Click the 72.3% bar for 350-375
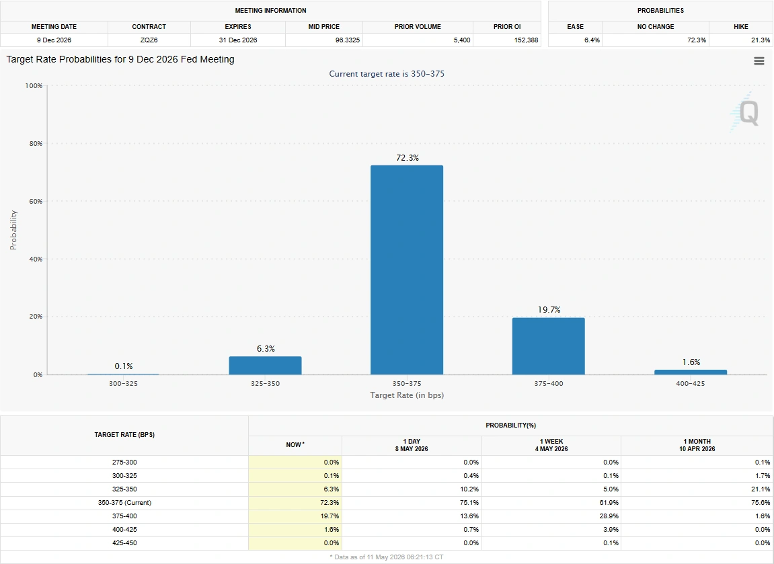coord(407,270)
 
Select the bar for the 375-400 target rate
coord(549,346)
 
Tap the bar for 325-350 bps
coord(265,365)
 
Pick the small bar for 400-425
coord(691,372)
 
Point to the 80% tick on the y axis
coord(34,144)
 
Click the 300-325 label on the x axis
coord(124,383)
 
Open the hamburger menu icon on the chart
coord(759,61)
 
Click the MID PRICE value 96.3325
coord(348,40)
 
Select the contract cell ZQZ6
coord(149,40)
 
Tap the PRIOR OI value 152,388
coord(527,40)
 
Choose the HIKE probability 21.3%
coord(761,40)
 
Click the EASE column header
coord(575,27)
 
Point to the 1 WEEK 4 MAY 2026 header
coord(551,445)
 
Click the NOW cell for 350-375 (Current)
coord(295,502)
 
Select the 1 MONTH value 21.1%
coord(761,489)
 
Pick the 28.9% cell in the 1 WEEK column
coord(609,516)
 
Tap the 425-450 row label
coord(124,542)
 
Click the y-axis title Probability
coord(13,230)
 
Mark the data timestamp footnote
coord(387,557)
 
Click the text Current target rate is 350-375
coord(387,74)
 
